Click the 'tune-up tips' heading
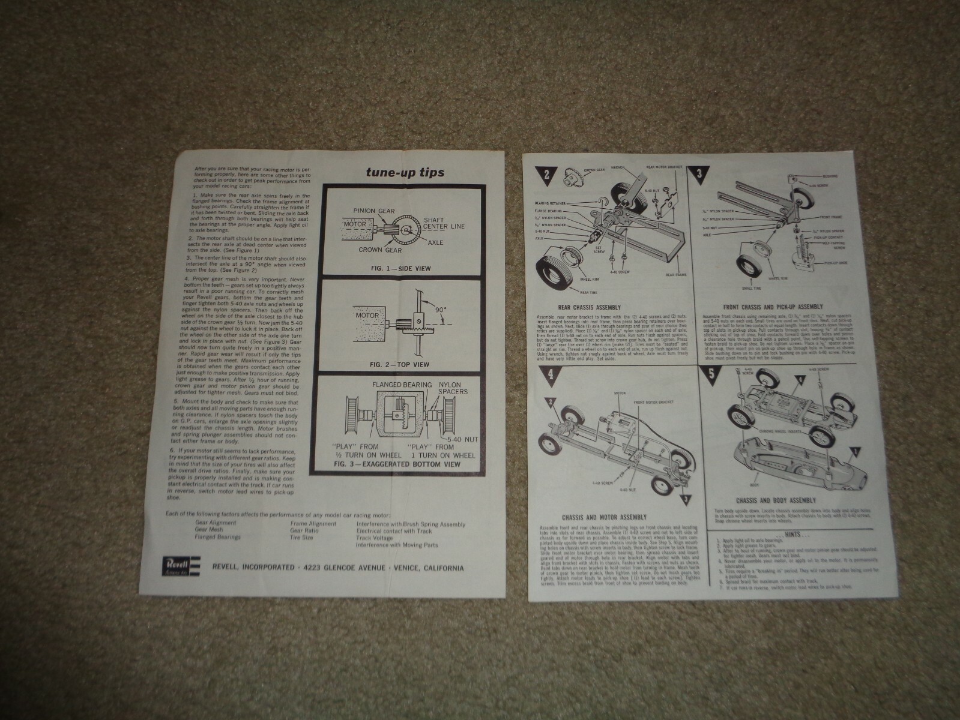coord(405,172)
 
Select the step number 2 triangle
coord(548,175)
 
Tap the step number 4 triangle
coord(551,376)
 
